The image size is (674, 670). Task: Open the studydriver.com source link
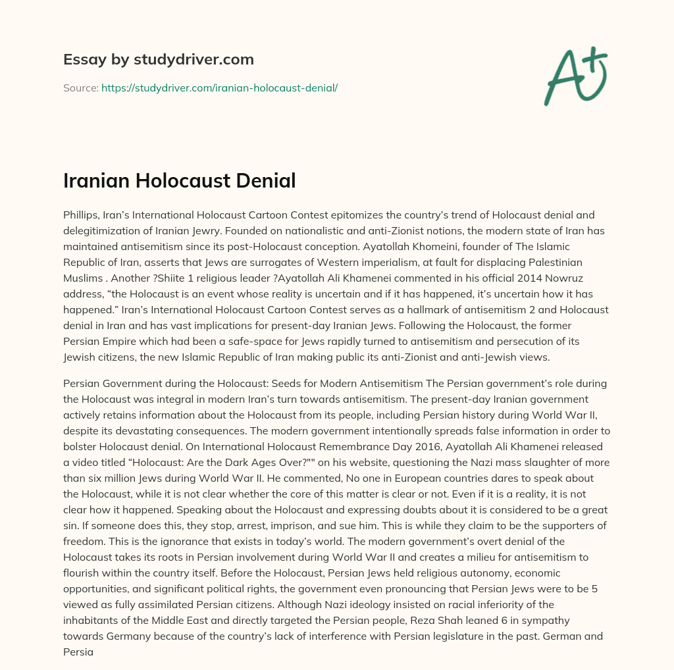coord(219,88)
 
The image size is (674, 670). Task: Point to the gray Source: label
coord(80,88)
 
